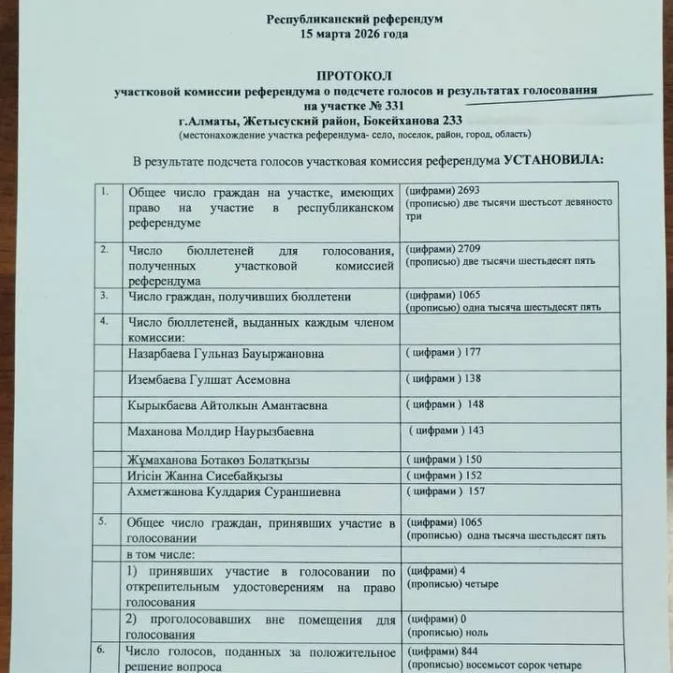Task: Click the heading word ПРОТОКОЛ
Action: point(354,74)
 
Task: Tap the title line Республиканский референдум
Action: point(355,19)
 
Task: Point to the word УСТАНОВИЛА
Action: point(554,160)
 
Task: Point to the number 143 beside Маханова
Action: point(478,431)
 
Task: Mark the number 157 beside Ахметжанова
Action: point(476,491)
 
